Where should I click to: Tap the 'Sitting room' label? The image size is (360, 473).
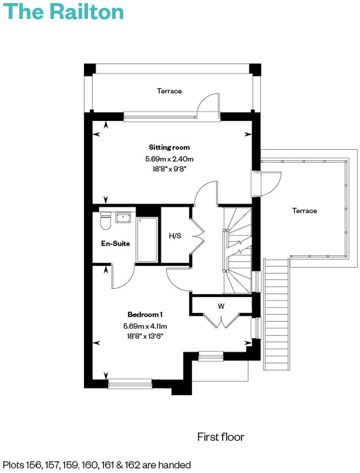(x=169, y=147)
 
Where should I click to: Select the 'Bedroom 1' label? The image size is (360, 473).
(x=145, y=314)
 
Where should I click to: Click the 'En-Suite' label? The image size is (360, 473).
(x=115, y=243)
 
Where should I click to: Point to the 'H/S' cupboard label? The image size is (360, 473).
(x=175, y=236)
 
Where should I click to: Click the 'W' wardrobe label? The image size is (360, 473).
(x=221, y=306)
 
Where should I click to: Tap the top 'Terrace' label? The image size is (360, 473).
(x=169, y=91)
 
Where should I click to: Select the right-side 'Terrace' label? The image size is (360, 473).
(x=304, y=210)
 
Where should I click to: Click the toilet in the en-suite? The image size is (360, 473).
(x=105, y=221)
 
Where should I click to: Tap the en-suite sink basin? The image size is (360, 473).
(x=123, y=217)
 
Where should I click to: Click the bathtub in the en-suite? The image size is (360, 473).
(x=147, y=239)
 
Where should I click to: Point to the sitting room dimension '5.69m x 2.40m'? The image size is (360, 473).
(x=169, y=159)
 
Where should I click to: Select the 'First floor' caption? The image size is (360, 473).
(x=221, y=437)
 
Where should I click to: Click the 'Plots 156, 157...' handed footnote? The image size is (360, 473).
(x=96, y=465)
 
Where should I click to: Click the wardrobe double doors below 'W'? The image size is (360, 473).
(x=221, y=321)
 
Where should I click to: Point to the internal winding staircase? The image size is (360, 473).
(x=238, y=250)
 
